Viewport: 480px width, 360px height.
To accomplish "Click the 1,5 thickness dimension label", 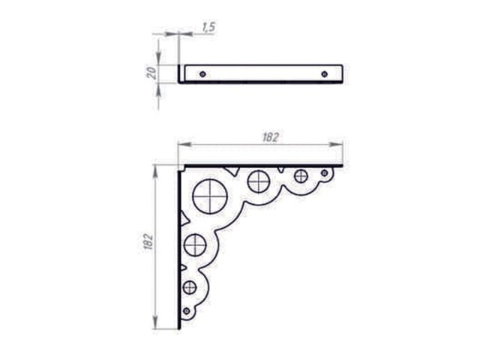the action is [209, 27].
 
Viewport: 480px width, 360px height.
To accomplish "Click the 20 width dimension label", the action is [151, 73].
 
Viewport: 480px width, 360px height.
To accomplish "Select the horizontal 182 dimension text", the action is [271, 137].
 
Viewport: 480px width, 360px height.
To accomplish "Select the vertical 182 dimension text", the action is [148, 241].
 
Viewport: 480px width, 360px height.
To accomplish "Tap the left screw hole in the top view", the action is [202, 74].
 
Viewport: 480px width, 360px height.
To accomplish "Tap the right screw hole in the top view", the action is [325, 74].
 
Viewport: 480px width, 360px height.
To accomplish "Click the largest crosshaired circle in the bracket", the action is [210, 196].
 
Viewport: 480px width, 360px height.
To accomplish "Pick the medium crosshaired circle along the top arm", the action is [259, 181].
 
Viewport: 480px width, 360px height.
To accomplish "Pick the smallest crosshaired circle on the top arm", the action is [301, 175].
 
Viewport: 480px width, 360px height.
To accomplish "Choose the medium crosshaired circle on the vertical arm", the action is [195, 245].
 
